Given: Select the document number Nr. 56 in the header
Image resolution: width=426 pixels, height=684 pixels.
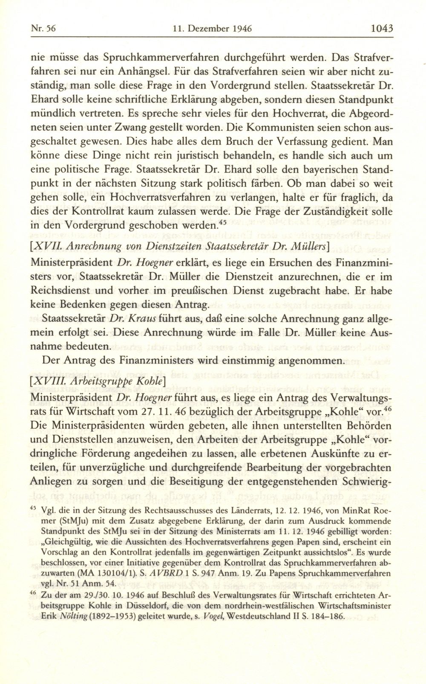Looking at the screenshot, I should (45, 29).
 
